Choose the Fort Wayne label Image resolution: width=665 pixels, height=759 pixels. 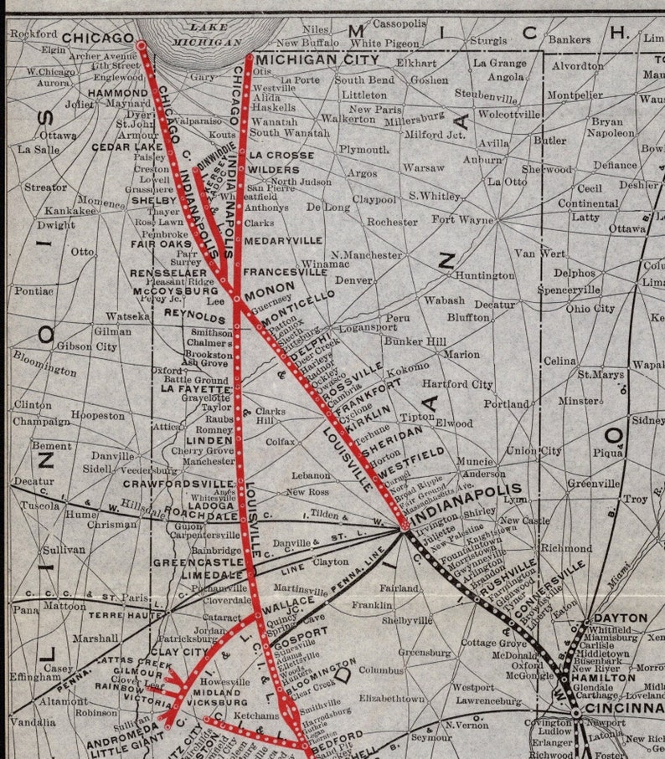[462, 220]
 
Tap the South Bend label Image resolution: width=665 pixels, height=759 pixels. [363, 80]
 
